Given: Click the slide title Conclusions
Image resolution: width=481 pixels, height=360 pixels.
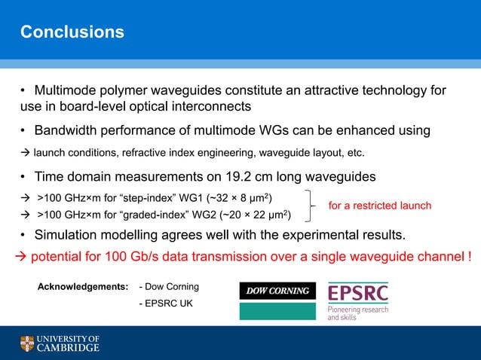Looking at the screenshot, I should click(72, 32).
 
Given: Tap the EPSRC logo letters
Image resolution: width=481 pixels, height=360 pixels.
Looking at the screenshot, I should click(359, 294).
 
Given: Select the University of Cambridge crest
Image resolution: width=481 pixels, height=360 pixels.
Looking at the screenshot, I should click(26, 343).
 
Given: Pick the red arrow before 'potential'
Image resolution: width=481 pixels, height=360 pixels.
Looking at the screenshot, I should click(21, 257).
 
